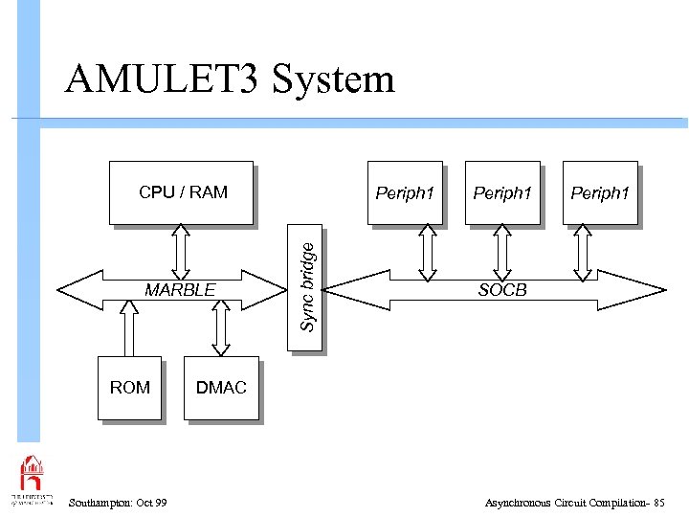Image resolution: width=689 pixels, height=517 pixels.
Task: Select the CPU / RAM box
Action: point(182,192)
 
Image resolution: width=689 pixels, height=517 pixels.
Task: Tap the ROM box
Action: point(129,388)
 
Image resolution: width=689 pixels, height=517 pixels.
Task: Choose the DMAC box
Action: point(221,388)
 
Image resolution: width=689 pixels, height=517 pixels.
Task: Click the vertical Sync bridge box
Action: point(307,287)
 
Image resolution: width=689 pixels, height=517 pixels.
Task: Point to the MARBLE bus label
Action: point(180,289)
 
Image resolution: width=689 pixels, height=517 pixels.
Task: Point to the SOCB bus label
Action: point(502,289)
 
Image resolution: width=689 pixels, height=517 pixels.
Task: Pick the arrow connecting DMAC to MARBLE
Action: point(221,329)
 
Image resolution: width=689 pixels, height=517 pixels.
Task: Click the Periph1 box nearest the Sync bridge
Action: point(405,192)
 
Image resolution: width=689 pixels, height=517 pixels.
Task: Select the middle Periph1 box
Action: point(502,192)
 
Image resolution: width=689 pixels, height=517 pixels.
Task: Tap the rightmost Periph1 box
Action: point(600,192)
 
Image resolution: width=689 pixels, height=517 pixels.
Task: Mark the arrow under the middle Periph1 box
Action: point(502,253)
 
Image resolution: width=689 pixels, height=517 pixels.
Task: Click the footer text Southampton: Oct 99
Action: point(118,503)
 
